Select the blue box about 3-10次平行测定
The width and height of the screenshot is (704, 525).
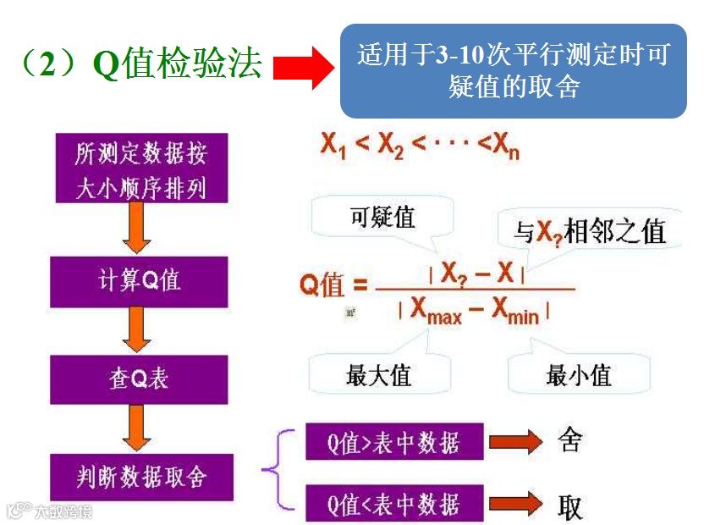(513, 71)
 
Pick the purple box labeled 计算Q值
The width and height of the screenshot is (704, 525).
(140, 281)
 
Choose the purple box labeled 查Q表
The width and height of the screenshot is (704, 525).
(140, 379)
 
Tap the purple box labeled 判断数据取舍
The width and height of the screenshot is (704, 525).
(140, 477)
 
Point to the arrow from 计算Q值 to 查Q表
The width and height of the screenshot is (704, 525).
(137, 329)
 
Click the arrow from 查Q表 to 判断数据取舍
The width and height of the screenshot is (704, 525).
(137, 428)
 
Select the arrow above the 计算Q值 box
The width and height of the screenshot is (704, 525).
(137, 229)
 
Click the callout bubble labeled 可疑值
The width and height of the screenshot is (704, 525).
(382, 218)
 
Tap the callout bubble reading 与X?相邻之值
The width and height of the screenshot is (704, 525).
(590, 231)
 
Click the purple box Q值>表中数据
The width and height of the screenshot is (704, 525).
(394, 443)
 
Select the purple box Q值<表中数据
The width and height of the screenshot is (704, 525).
(394, 504)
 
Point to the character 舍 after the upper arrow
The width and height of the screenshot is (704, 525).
(570, 440)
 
